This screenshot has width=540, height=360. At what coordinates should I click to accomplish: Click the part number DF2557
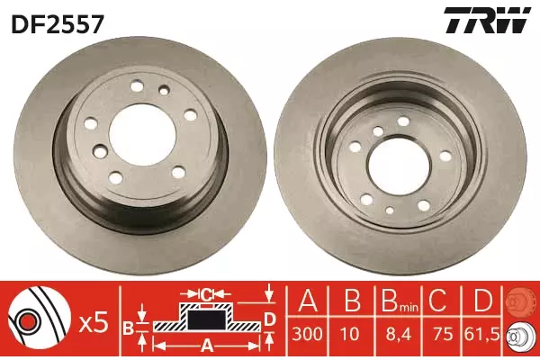(58, 24)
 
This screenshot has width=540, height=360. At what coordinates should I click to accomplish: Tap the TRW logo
(487, 20)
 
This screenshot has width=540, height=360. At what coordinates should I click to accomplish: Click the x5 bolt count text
(94, 324)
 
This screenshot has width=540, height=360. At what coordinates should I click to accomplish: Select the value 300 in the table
(308, 334)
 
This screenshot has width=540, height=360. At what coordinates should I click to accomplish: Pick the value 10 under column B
(351, 334)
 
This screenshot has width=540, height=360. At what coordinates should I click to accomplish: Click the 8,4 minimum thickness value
(398, 334)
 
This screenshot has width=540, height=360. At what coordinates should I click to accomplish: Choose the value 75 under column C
(443, 334)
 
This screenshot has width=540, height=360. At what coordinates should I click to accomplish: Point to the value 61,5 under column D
(481, 334)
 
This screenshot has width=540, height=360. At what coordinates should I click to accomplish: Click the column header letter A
(308, 301)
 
